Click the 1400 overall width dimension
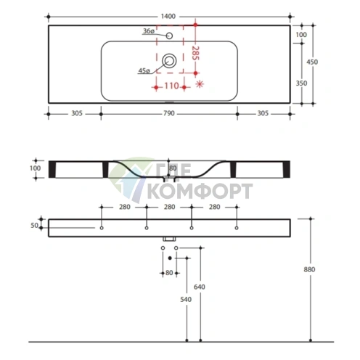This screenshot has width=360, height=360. pyautogui.click(x=168, y=17)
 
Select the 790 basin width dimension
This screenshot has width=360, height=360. pyautogui.click(x=169, y=113)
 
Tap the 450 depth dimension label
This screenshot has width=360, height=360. pyautogui.click(x=312, y=62)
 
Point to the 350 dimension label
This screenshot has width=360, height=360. pyautogui.click(x=301, y=83)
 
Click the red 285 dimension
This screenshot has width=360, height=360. pyautogui.click(x=195, y=53)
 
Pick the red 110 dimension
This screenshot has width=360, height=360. pyautogui.click(x=171, y=86)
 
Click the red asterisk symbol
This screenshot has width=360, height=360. pyautogui.click(x=200, y=84)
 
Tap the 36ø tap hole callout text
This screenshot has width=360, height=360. pyautogui.click(x=149, y=31)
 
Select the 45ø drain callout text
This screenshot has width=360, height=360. pyautogui.click(x=144, y=70)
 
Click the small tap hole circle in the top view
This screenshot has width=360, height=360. pyautogui.click(x=169, y=36)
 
